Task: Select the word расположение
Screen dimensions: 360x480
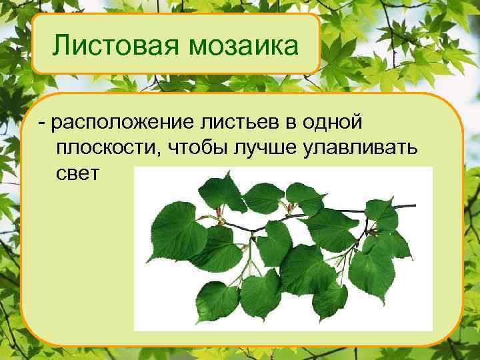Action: [x=125, y=124]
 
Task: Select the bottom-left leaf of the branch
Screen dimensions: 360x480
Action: [x=216, y=300]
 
